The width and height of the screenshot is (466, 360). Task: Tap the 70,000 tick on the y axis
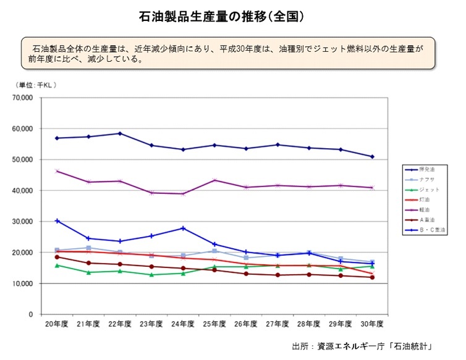23,98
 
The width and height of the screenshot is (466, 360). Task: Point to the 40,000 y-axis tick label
23,191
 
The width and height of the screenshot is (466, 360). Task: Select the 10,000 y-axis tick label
23,283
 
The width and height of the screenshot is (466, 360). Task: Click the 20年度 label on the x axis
56,324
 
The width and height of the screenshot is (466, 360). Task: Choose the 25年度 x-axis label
214,324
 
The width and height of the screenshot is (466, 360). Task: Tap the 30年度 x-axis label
371,324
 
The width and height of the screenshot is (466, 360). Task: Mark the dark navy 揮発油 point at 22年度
120,133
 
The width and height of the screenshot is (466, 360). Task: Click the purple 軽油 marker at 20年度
57,171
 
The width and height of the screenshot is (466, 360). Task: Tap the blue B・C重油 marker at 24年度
183,228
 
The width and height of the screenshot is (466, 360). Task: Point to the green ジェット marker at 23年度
151,275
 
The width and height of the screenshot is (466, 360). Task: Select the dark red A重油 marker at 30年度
371,277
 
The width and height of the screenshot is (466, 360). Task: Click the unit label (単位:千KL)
36,85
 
